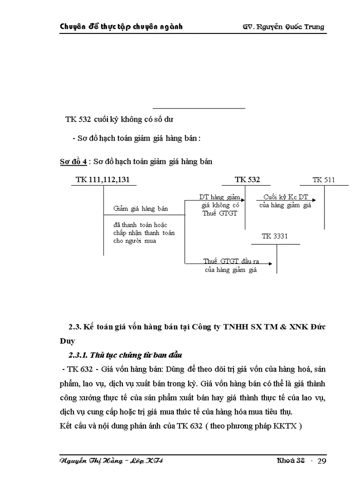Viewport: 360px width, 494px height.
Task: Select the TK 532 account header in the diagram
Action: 247,180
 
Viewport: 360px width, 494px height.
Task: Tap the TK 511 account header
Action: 323,180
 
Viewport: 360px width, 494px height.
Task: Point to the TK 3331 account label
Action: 274,236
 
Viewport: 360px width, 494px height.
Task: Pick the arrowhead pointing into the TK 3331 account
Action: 275,263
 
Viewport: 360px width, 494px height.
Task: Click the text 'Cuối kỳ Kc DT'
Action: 285,197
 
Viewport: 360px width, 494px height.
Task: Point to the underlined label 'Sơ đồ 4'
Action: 73,162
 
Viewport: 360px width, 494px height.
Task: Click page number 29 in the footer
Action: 321,461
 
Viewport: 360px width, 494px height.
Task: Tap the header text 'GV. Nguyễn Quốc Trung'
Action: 283,26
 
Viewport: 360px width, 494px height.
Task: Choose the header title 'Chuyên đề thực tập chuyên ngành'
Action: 121,26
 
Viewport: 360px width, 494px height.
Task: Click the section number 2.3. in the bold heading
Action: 76,327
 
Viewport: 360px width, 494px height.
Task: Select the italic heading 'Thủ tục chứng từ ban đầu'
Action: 135,355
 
